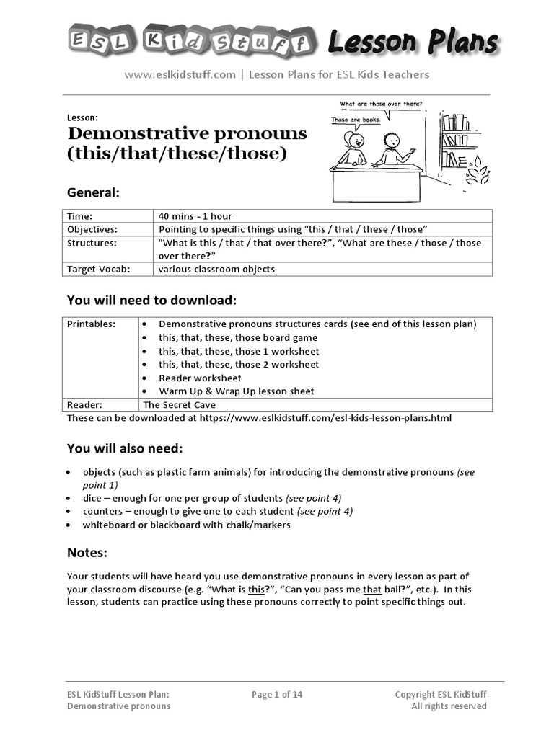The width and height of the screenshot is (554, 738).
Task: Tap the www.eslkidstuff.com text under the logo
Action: (180, 74)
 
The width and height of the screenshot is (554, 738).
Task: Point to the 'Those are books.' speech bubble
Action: (356, 120)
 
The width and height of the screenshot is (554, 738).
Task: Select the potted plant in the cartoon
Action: (477, 174)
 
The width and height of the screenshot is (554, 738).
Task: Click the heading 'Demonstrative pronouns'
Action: (187, 134)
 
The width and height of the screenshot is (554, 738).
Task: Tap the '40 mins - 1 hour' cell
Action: (195, 216)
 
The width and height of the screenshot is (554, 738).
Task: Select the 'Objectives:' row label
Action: (92, 229)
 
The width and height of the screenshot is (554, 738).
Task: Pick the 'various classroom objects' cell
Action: (216, 270)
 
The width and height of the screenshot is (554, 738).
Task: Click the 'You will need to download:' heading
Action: (151, 300)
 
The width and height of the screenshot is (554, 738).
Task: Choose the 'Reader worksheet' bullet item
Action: (200, 378)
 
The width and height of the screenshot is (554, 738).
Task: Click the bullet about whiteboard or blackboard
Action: (186, 525)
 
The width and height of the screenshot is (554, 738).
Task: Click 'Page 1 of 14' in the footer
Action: (277, 695)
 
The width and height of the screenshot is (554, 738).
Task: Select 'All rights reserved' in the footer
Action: (449, 706)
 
